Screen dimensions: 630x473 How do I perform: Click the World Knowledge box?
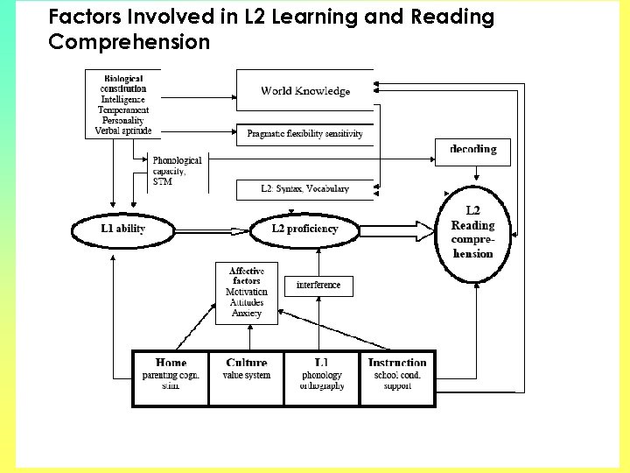pos(305,90)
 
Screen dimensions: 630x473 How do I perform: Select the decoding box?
pos(472,151)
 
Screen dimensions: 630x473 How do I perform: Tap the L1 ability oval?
pos(122,229)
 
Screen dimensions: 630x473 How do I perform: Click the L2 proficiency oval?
pos(305,229)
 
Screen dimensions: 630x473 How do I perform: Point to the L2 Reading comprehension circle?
pos(472,232)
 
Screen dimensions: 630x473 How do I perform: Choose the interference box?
pos(318,285)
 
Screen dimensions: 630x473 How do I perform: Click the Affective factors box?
pos(247,293)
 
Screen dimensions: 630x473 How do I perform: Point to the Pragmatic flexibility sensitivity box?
pos(305,134)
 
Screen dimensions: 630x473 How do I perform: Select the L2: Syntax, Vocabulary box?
pos(305,188)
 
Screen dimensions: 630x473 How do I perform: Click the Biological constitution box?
pos(123,104)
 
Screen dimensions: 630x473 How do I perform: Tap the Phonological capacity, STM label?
pos(177,171)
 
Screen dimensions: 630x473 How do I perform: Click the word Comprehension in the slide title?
pos(129,41)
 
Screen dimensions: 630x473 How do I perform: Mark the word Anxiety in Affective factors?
pos(247,314)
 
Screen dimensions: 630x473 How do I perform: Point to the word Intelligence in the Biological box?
pos(123,100)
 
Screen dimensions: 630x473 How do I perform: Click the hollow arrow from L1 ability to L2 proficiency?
pos(209,229)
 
